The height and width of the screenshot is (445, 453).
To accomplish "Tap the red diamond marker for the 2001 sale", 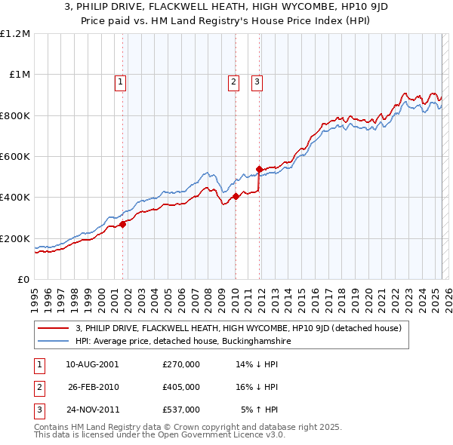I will (122, 224).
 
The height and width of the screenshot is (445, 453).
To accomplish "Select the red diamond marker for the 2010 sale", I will (236, 196).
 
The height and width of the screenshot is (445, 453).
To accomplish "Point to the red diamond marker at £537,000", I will (259, 169).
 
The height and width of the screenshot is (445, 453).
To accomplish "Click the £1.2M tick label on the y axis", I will (15, 33).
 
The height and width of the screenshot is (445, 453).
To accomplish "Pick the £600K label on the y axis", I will (15, 156).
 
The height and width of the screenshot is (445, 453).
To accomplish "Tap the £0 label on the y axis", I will (23, 279).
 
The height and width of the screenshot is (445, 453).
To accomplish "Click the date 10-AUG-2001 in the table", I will (93, 364).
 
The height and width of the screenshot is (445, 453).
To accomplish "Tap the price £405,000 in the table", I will (180, 387).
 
